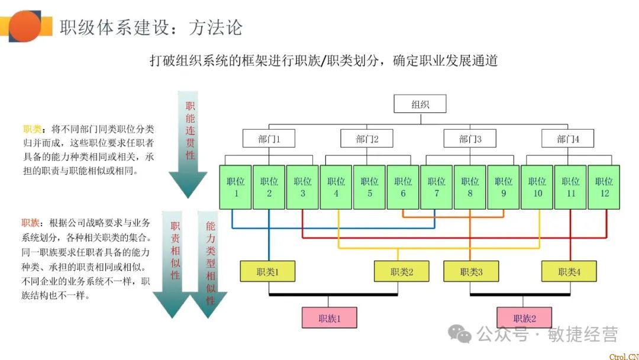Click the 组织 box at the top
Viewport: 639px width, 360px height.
(420, 105)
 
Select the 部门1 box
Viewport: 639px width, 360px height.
(269, 139)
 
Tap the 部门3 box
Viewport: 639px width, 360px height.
(470, 139)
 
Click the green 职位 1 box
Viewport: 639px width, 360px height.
(235, 187)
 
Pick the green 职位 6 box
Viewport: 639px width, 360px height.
(403, 187)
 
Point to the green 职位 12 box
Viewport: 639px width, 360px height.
(604, 187)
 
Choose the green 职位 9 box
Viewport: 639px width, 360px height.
(504, 187)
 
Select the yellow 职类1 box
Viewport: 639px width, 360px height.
(267, 272)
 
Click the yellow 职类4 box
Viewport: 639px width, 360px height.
(569, 272)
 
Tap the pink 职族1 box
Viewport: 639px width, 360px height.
(330, 318)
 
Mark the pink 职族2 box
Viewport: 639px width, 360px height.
(524, 318)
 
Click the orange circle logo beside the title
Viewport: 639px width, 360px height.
(25, 26)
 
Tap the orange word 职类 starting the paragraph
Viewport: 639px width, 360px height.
(31, 128)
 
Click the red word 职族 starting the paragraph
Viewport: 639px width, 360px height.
(31, 223)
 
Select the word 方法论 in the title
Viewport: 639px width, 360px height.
(215, 27)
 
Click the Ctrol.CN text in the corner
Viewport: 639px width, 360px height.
(622, 355)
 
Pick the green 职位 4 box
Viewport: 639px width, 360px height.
(336, 187)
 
